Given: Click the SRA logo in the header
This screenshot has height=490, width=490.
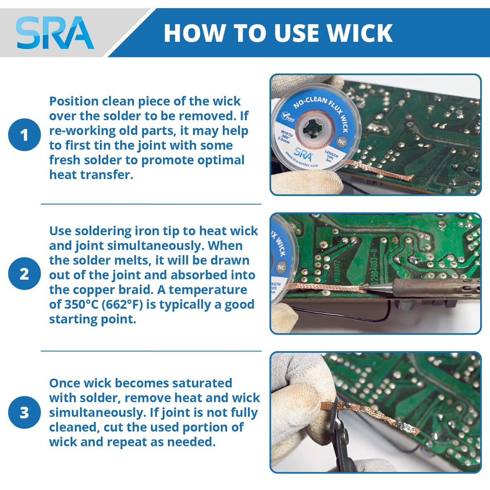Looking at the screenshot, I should [x=54, y=33].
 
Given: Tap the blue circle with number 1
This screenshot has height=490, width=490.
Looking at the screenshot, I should [x=24, y=135].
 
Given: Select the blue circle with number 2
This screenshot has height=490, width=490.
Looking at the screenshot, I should [x=24, y=274].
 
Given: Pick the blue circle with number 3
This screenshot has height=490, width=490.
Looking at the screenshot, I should [x=24, y=412].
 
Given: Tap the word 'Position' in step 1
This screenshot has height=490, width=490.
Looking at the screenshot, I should [x=74, y=101].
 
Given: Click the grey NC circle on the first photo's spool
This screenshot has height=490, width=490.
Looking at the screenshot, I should [x=341, y=142].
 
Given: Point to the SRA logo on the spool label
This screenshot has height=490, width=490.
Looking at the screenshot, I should [x=303, y=154].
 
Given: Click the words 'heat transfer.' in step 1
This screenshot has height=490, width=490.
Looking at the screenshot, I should [x=91, y=175].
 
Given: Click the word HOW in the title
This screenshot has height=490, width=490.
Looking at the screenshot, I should [x=194, y=33].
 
